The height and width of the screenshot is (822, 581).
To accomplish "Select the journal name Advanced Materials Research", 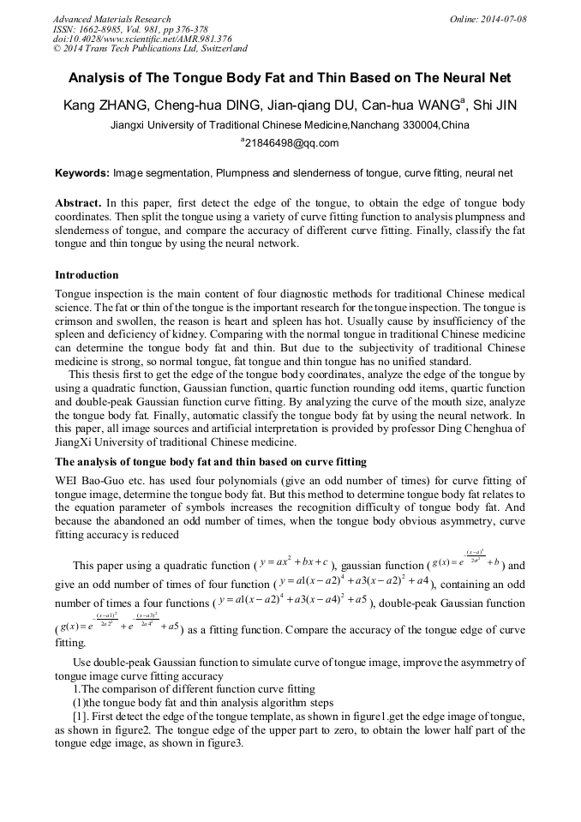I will (x=111, y=19).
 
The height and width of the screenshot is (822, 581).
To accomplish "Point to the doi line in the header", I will (x=142, y=39).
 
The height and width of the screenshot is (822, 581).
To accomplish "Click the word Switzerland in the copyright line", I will (x=219, y=49).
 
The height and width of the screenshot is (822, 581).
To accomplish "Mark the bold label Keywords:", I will (x=82, y=173).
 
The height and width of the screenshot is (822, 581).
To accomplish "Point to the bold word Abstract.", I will (x=78, y=204).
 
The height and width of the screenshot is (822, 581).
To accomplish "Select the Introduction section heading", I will (x=87, y=275).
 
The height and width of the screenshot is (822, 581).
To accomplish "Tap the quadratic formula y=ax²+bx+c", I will (x=296, y=565).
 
